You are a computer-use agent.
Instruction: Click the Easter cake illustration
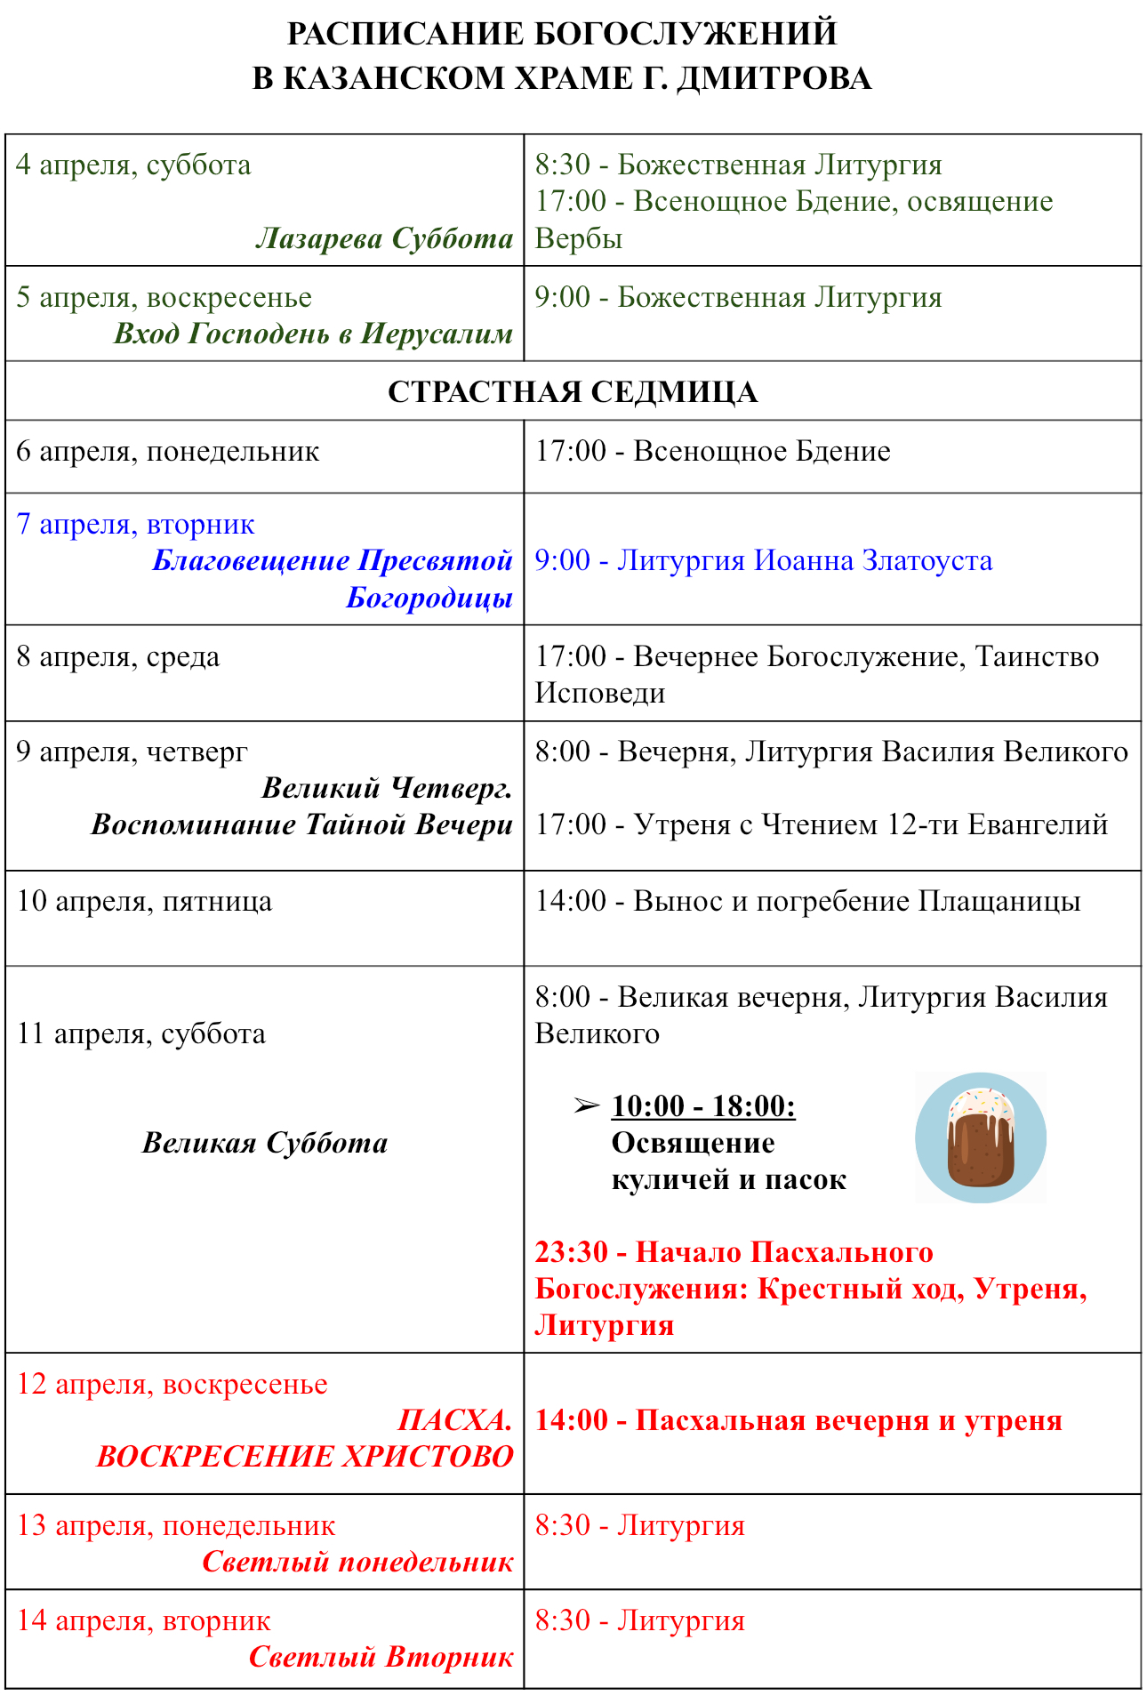(980, 1137)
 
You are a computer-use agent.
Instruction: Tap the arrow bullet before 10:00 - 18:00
(586, 1105)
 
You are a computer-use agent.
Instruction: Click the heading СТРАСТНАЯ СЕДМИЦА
(573, 391)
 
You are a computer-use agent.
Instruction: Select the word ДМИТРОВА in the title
(774, 78)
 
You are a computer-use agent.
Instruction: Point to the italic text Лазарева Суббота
(384, 238)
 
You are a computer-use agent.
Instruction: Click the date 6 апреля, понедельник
(167, 451)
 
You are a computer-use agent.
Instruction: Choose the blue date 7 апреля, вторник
(135, 524)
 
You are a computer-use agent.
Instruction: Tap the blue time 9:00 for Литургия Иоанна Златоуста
(562, 560)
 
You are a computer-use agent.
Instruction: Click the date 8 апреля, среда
(117, 656)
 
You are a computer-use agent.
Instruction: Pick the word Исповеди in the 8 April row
(599, 693)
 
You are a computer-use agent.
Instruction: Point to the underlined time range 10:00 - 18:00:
(703, 1105)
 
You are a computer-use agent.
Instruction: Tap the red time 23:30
(571, 1252)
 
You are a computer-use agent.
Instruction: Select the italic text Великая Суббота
(265, 1143)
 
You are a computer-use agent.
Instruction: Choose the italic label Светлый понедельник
(357, 1562)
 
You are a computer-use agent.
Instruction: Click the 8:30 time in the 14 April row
(562, 1620)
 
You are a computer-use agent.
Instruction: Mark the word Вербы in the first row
(578, 238)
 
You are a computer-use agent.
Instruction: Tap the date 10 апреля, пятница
(144, 901)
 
